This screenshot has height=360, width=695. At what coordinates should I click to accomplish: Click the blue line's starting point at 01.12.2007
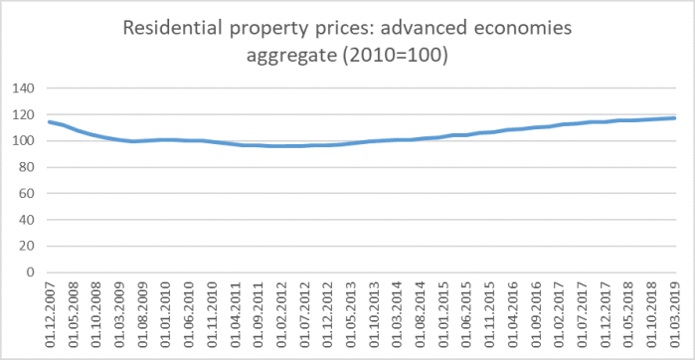[x=49, y=121]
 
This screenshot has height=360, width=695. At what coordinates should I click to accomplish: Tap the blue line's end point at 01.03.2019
[x=675, y=118]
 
